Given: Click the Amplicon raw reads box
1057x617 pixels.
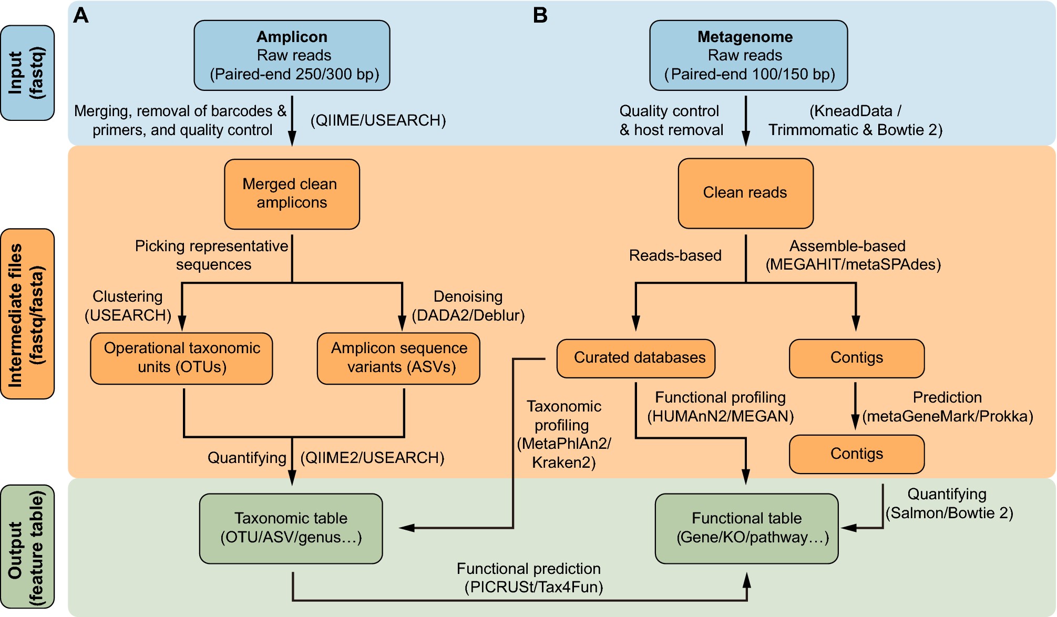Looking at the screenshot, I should [x=292, y=55].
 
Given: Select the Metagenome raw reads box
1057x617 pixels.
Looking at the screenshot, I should [x=748, y=55].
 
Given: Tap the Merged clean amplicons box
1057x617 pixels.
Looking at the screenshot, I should [x=292, y=194].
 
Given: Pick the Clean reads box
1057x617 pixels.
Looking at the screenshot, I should [x=745, y=193].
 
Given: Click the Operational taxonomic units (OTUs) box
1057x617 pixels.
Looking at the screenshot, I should [x=181, y=358].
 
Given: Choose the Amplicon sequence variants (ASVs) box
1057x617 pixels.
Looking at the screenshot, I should [x=398, y=358].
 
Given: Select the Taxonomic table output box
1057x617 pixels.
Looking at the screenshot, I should [x=291, y=528].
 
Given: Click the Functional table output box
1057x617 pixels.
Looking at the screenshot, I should [x=746, y=528].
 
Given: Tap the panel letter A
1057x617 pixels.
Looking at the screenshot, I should [x=80, y=15].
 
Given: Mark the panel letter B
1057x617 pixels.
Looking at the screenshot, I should [x=540, y=15].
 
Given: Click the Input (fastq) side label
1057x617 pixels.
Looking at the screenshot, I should [x=27, y=73].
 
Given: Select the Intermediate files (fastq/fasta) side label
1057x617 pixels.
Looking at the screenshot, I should [x=27, y=314].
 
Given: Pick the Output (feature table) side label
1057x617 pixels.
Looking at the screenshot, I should [x=27, y=547].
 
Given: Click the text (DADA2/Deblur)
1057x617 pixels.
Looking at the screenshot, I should [x=468, y=315].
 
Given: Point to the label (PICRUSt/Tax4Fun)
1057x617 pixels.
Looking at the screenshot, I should [x=533, y=587].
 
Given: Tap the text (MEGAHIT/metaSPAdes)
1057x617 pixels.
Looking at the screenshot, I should [x=853, y=264].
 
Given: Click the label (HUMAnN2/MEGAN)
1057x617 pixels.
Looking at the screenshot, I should [x=720, y=416].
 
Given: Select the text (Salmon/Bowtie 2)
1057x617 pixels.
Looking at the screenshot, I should [x=949, y=513].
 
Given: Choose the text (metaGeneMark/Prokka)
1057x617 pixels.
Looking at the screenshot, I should [x=947, y=416].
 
